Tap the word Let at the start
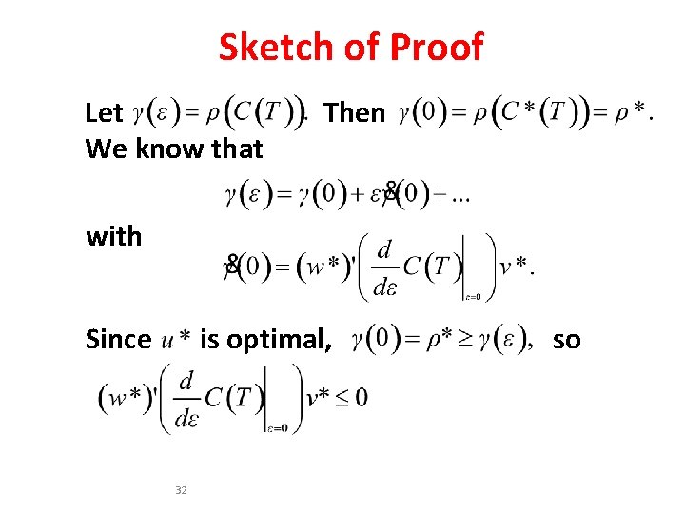tap(104, 113)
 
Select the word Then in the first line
tap(354, 113)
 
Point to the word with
tap(113, 235)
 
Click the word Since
tap(118, 339)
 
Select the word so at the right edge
tap(566, 339)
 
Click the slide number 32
tap(182, 490)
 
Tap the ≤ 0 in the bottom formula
tap(351, 397)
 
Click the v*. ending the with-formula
tap(517, 266)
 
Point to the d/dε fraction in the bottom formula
tap(186, 399)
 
